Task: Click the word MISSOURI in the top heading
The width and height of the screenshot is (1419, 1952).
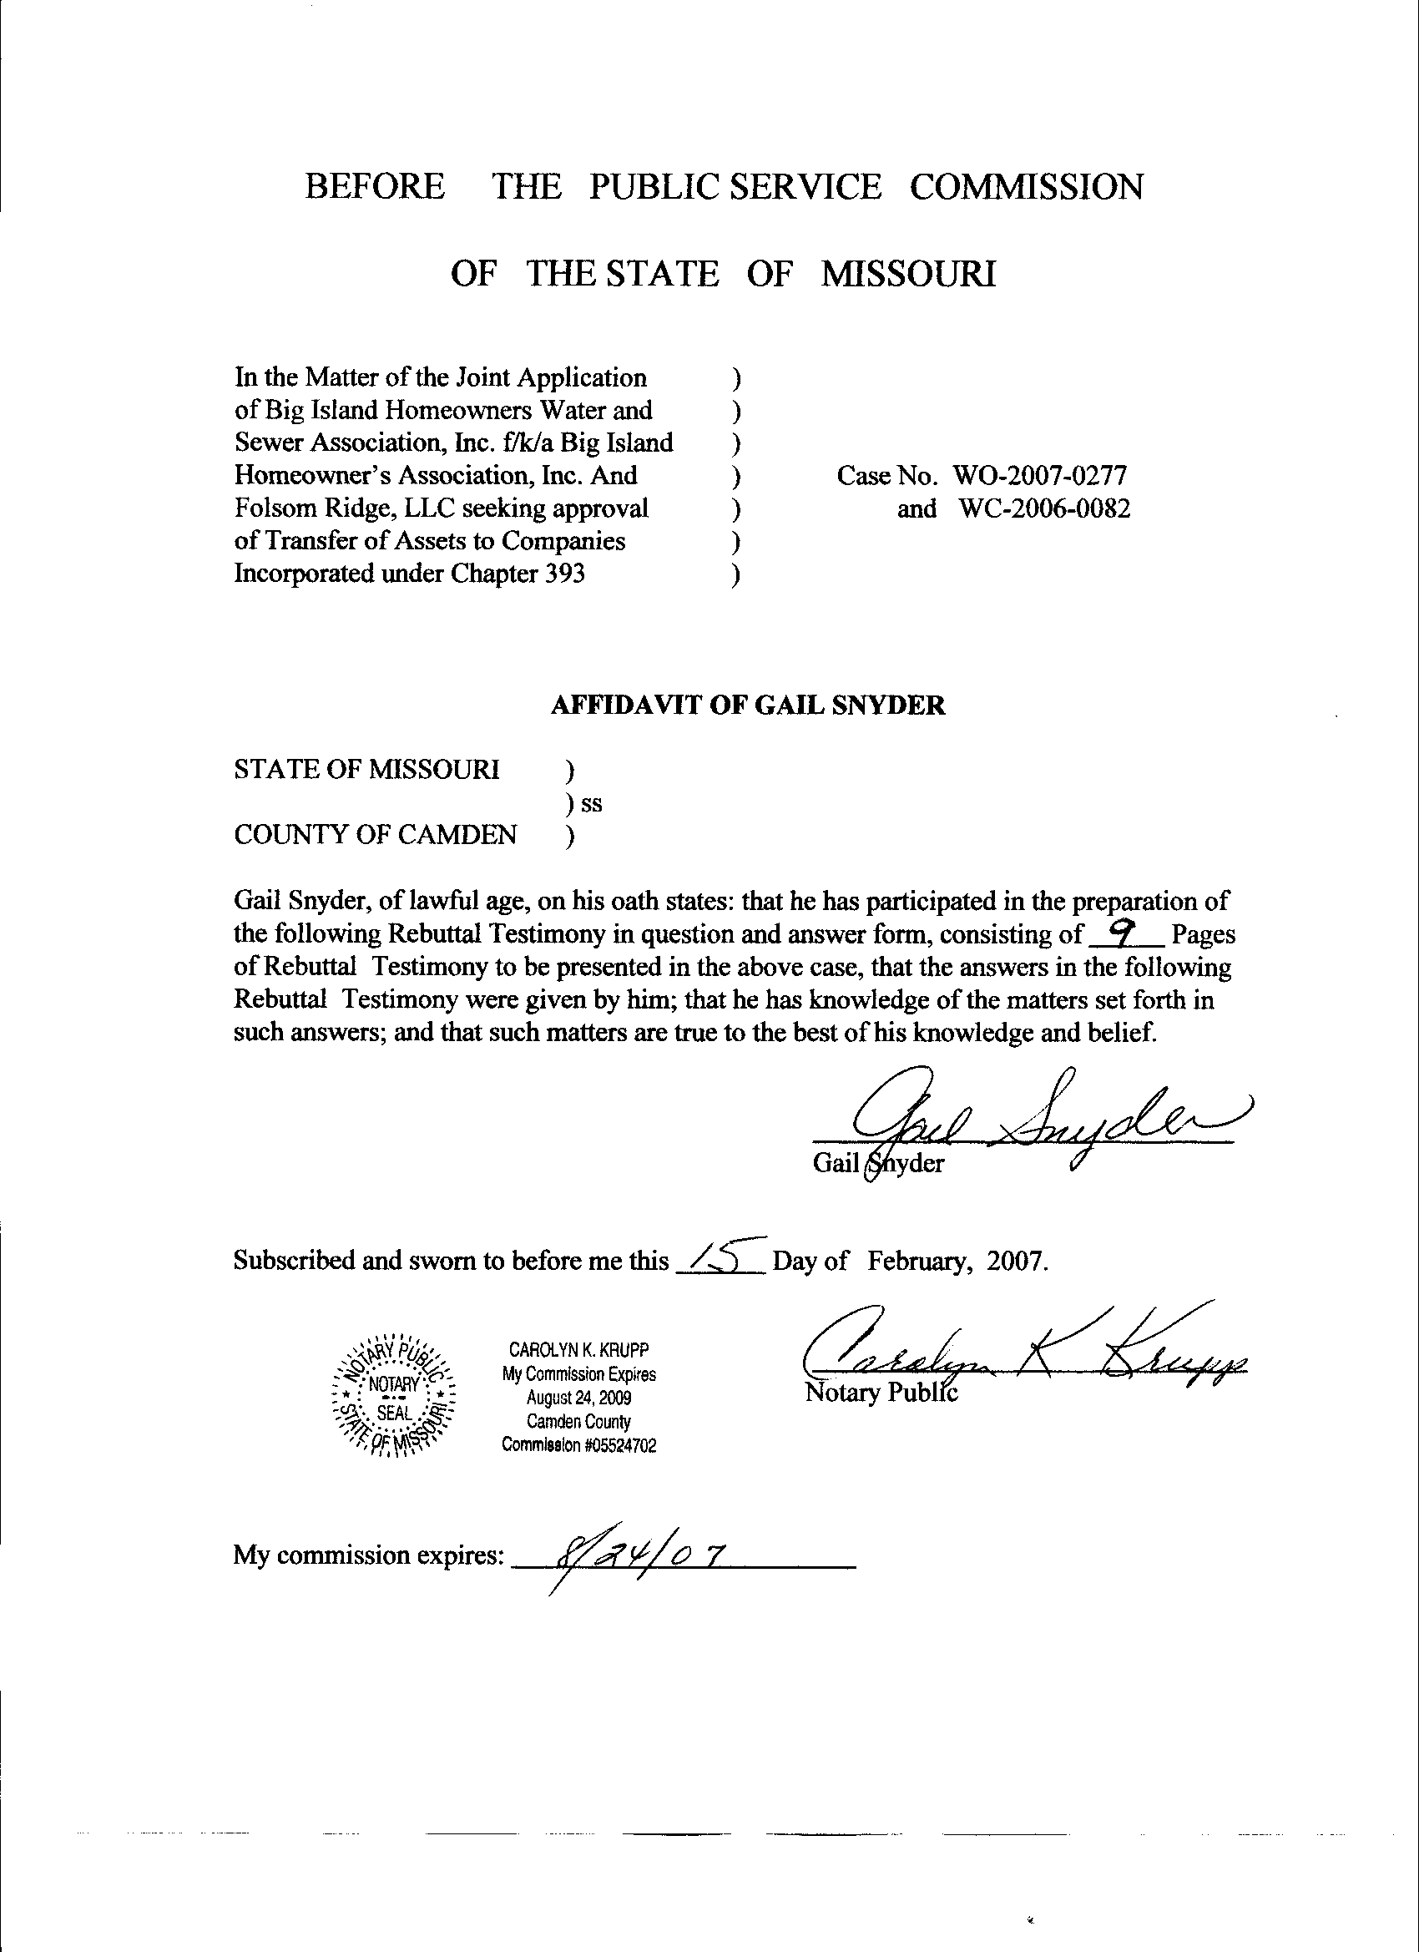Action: [909, 275]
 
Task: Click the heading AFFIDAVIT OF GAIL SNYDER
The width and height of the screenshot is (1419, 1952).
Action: [747, 705]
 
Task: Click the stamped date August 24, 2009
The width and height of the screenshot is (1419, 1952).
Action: [579, 1398]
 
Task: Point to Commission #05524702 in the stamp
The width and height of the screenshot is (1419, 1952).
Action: [579, 1447]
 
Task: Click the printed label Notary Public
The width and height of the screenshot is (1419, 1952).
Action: [881, 1392]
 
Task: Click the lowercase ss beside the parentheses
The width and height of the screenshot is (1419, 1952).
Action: [592, 804]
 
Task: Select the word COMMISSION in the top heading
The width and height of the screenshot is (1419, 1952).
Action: [1027, 187]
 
